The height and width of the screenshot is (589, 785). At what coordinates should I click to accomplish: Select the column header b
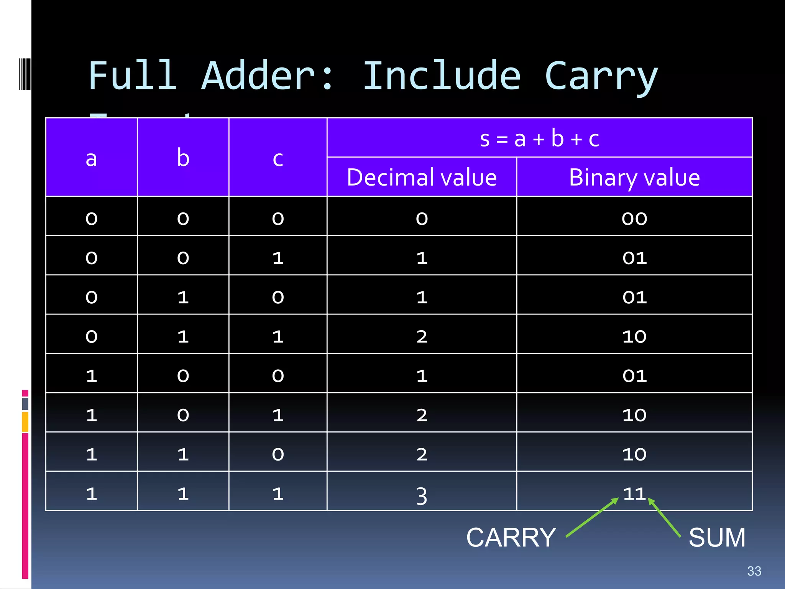183,158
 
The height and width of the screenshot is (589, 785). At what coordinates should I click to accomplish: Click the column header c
278,158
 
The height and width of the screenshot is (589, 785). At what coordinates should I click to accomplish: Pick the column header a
91,158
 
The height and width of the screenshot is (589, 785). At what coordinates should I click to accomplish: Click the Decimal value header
422,177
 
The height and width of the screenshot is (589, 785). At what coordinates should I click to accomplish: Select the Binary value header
634,177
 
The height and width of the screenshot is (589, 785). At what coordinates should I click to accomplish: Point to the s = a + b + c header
539,138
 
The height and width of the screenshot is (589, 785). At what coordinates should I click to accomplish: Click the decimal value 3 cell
422,495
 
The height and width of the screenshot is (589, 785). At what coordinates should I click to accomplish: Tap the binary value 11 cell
634,493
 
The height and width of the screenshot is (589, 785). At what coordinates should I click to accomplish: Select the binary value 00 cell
634,218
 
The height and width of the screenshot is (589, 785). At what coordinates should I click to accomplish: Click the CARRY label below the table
511,538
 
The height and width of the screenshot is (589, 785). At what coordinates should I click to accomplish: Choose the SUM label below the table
717,538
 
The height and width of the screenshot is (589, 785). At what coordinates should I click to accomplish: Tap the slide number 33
754,571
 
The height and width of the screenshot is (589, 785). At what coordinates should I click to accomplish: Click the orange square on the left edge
25,421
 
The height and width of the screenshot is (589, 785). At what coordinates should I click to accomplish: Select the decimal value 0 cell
422,218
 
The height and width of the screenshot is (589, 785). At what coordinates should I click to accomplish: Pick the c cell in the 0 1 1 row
278,336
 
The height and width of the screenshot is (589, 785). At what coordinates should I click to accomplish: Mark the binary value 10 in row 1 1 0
634,454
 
